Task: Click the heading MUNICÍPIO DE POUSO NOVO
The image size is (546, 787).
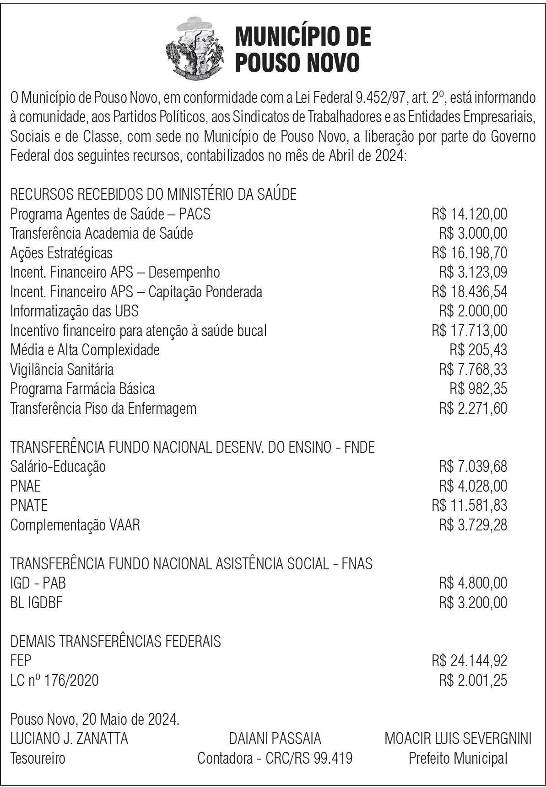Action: pyautogui.click(x=303, y=49)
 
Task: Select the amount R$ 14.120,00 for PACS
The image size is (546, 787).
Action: pyautogui.click(x=469, y=214)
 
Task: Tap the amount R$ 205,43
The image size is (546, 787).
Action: pyautogui.click(x=478, y=350)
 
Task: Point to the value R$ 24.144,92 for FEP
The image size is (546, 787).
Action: pyautogui.click(x=469, y=661)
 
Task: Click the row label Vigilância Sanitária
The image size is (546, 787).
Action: pyautogui.click(x=62, y=369)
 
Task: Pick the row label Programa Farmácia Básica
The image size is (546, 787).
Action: pyautogui.click(x=82, y=389)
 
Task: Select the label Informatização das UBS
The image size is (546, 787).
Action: pyautogui.click(x=74, y=311)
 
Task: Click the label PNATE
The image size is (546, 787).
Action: pyautogui.click(x=29, y=505)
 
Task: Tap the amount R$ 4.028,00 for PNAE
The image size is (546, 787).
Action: pyautogui.click(x=473, y=486)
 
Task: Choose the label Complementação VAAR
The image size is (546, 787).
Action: pyautogui.click(x=75, y=525)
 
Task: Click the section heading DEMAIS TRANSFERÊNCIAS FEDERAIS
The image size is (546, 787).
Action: pyautogui.click(x=115, y=641)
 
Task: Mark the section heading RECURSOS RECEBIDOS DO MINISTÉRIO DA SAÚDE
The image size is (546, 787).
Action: pyautogui.click(x=153, y=194)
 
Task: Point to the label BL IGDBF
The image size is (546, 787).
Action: pyautogui.click(x=36, y=602)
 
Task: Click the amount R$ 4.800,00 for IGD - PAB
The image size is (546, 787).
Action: pyautogui.click(x=473, y=583)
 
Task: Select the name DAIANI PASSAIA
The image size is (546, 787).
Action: pyautogui.click(x=275, y=738)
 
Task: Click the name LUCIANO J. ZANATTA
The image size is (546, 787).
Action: pyautogui.click(x=69, y=738)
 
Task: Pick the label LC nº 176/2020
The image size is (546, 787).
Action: pyautogui.click(x=54, y=680)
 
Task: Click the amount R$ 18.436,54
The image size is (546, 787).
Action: pyautogui.click(x=469, y=291)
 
